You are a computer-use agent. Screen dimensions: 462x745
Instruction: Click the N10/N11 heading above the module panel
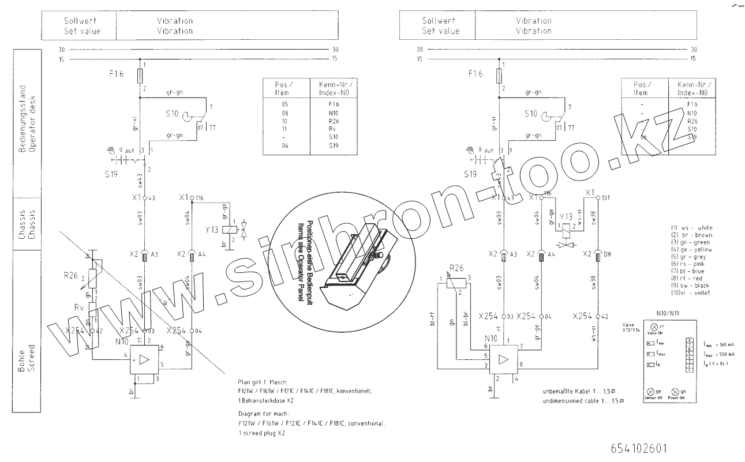[x=668, y=314]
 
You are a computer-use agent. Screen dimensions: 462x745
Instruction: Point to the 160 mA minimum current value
[x=726, y=344]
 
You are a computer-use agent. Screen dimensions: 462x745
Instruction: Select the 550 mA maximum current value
[x=726, y=354]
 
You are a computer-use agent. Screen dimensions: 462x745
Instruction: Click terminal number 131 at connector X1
[x=607, y=197]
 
